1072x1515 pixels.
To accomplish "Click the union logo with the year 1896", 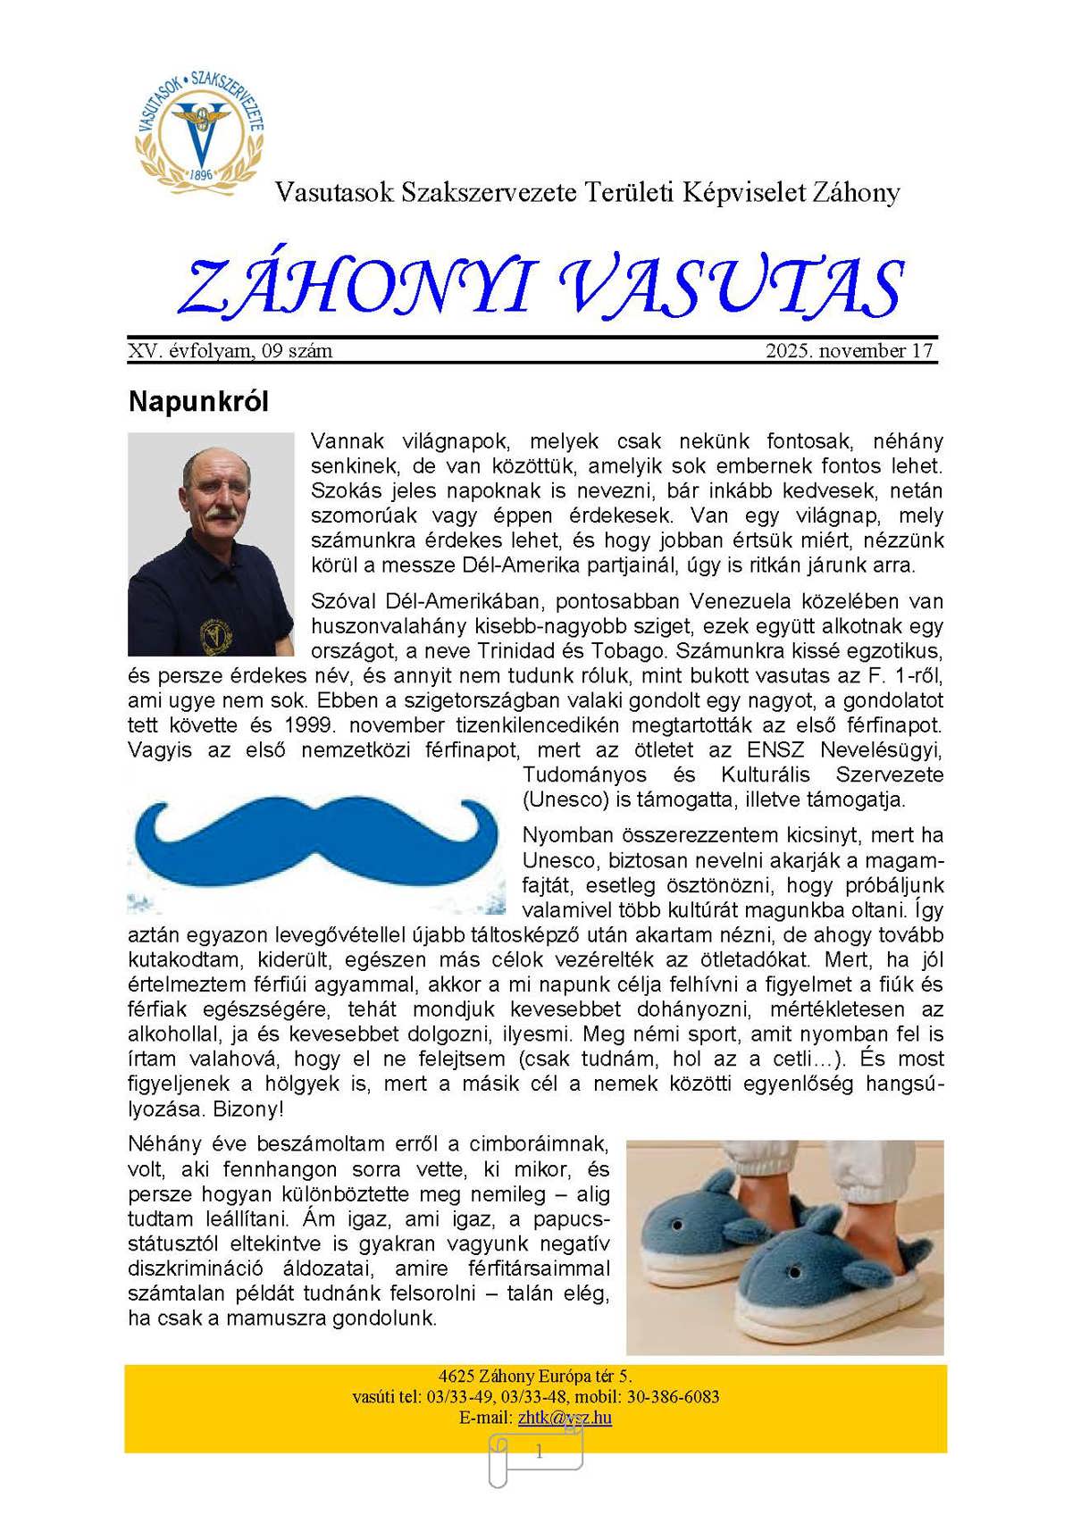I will coord(200,128).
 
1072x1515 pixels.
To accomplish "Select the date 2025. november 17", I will coord(849,351).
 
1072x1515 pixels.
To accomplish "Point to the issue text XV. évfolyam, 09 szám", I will coord(230,351).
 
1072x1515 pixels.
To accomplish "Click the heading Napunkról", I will coord(198,401).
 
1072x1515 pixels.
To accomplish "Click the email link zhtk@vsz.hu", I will coord(565,1418).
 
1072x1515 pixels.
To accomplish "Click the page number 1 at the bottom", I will coord(539,1452).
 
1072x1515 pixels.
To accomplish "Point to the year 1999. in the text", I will coord(313,725).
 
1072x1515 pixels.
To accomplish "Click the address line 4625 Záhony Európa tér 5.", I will coord(535,1377).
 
